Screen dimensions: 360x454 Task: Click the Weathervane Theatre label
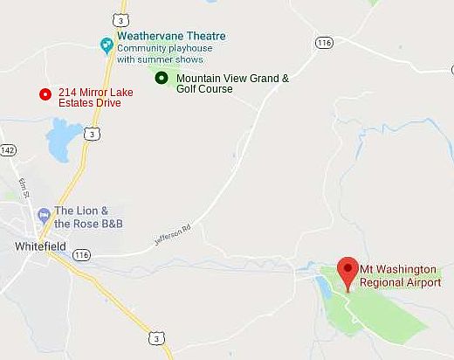[x=171, y=36]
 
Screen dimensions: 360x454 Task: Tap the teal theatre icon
[x=107, y=43]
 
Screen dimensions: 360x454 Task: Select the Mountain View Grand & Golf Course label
[x=232, y=83]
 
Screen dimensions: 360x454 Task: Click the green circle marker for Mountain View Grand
[x=162, y=78]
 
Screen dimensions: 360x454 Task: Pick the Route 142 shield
[x=8, y=150]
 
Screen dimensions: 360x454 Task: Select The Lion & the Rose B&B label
[x=88, y=217]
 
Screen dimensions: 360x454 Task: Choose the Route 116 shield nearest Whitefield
[x=82, y=255]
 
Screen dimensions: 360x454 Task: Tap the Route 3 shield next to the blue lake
[x=91, y=134]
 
